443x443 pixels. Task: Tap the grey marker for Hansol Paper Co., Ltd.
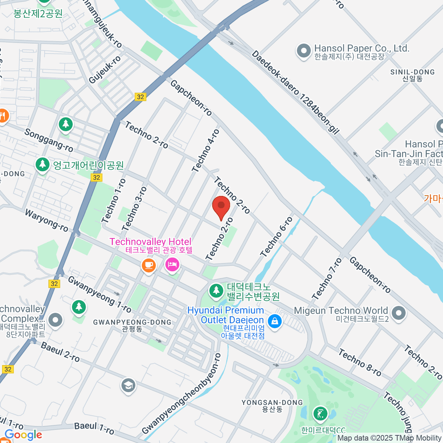pyautogui.click(x=304, y=52)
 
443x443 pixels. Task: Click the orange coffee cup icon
pyautogui.click(x=148, y=265)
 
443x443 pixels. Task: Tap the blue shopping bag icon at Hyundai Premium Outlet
pyautogui.click(x=275, y=321)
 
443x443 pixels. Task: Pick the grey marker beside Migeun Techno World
pyautogui.click(x=398, y=313)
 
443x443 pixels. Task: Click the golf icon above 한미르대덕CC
pyautogui.click(x=320, y=413)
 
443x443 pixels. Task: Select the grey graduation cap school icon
pyautogui.click(x=128, y=386)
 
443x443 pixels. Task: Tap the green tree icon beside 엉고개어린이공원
pyautogui.click(x=42, y=165)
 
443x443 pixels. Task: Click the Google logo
pyautogui.click(x=23, y=435)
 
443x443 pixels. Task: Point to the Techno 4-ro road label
pyautogui.click(x=206, y=151)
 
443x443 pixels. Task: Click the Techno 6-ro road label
pyautogui.click(x=276, y=237)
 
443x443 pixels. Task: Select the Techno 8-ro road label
pyautogui.click(x=360, y=362)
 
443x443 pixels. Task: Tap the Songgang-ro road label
pyautogui.click(x=49, y=140)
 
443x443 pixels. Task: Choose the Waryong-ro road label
pyautogui.click(x=47, y=220)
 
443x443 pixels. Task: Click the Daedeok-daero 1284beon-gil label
pyautogui.click(x=295, y=92)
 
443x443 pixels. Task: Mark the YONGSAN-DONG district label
pyautogui.click(x=272, y=402)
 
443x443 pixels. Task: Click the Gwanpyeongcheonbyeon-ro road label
pyautogui.click(x=182, y=394)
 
